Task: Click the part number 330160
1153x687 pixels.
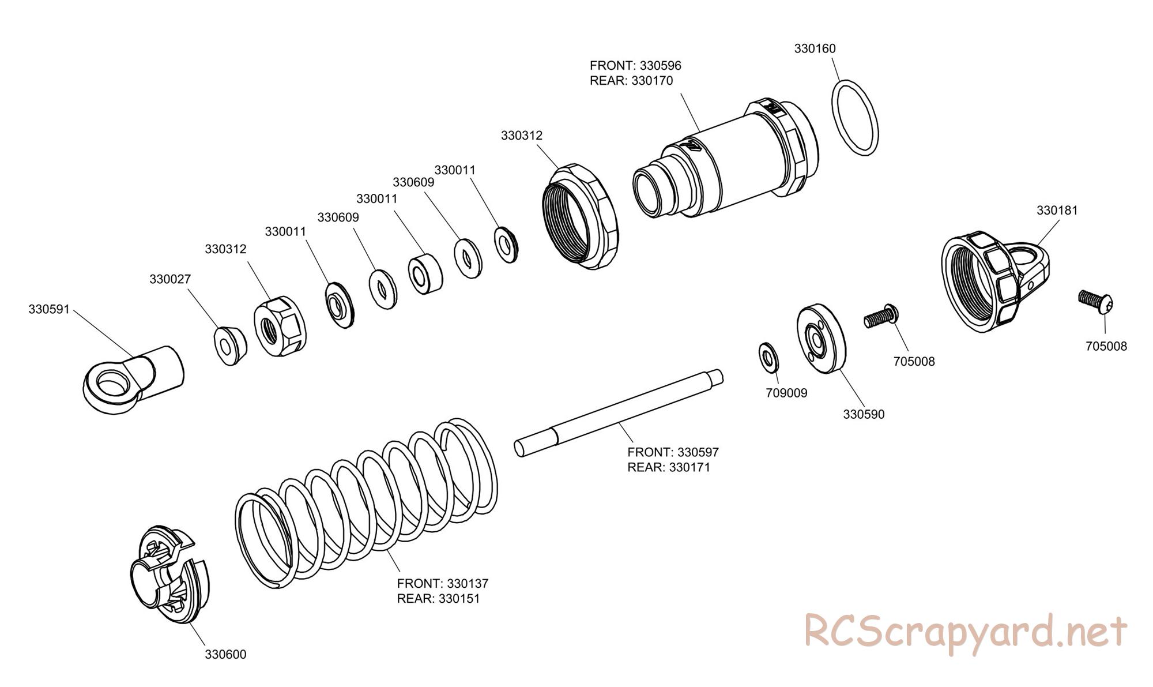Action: [815, 49]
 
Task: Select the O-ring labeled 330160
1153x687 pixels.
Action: [856, 117]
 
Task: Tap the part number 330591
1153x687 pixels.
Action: [49, 309]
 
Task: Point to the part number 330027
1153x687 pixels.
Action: [170, 279]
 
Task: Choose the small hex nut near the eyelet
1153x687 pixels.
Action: [280, 327]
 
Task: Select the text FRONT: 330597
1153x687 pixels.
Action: [673, 452]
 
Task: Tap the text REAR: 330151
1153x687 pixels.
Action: [438, 599]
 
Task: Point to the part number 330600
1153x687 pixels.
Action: [225, 655]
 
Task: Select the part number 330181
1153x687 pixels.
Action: [1057, 211]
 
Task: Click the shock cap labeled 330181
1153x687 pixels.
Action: [994, 283]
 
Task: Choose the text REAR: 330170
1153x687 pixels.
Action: [631, 81]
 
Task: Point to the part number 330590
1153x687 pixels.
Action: [863, 414]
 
